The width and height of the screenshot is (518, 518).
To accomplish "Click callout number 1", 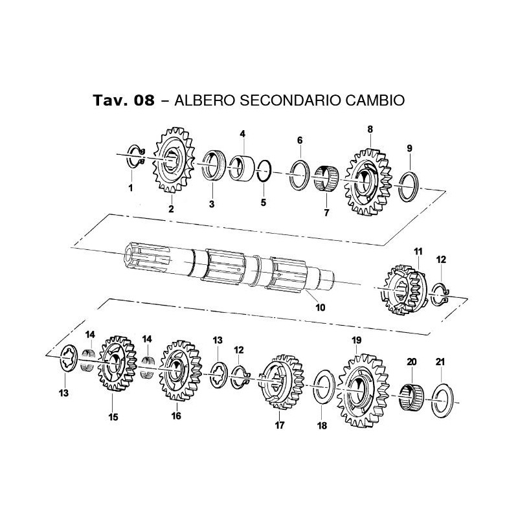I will [130, 188].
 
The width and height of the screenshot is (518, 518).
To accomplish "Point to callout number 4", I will [243, 134].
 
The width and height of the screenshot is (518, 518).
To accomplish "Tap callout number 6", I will [300, 141].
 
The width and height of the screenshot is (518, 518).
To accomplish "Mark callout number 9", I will [409, 148].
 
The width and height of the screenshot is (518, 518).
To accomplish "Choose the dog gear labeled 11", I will [401, 288].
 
